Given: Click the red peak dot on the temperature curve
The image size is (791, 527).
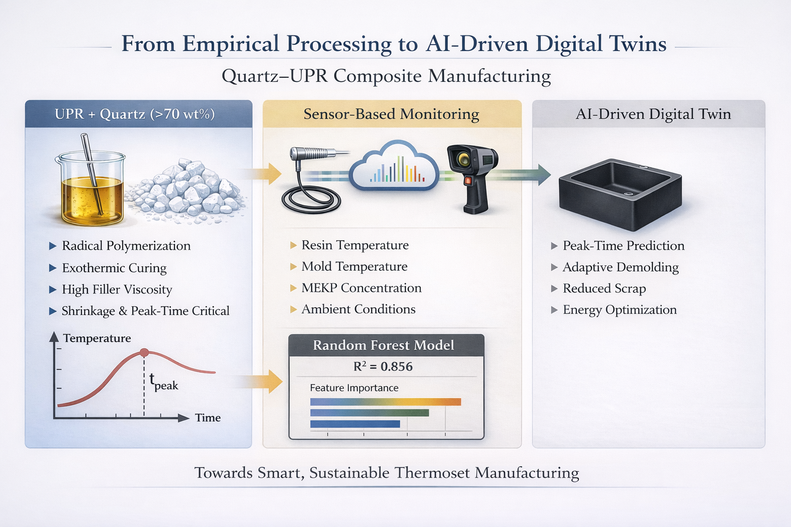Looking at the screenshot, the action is (x=144, y=353).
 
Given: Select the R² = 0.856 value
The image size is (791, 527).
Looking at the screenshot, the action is (x=383, y=367).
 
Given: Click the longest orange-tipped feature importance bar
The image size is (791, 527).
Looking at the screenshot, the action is (x=385, y=402).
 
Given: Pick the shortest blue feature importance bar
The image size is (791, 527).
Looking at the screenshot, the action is (x=355, y=424).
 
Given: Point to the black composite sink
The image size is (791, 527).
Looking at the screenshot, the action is (x=620, y=194).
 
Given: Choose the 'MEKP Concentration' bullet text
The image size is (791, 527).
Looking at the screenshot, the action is (x=361, y=288).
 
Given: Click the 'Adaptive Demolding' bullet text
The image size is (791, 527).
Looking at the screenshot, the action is (x=620, y=267).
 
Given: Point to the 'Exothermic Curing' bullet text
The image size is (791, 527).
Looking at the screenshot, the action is (x=114, y=268).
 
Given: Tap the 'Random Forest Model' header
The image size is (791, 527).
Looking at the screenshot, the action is (x=383, y=346).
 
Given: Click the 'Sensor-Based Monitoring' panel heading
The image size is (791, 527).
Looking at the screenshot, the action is (x=391, y=114).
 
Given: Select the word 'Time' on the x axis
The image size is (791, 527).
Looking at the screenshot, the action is (x=208, y=418).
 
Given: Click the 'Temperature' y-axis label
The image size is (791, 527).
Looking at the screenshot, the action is (x=97, y=338).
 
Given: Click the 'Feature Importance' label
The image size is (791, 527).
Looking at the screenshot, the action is (x=354, y=388).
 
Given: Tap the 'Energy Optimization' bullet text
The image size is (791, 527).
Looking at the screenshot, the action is (x=619, y=310).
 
